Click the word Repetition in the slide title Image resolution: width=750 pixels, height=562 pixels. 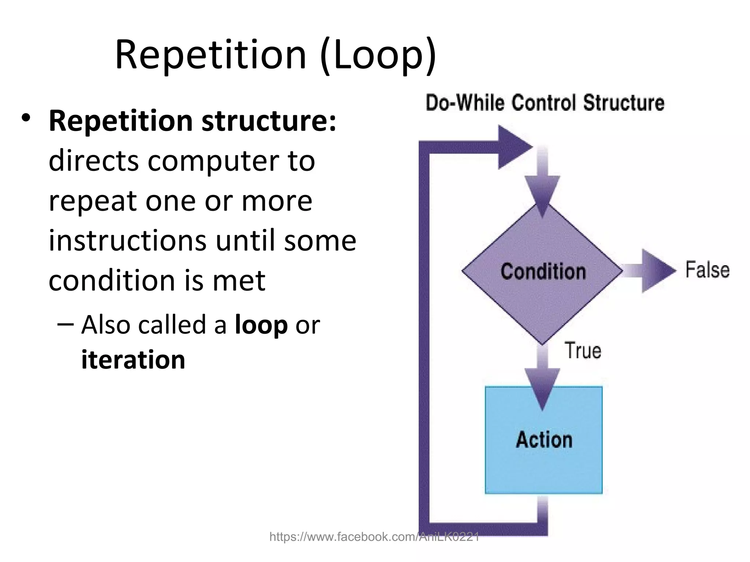click(x=210, y=55)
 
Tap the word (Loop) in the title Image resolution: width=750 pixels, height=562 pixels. click(x=378, y=55)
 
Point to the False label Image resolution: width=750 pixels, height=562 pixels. click(x=707, y=270)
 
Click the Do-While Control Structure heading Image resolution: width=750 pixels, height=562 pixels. click(x=545, y=102)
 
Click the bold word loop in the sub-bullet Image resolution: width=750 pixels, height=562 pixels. click(x=261, y=325)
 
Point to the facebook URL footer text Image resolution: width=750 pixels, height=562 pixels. click(x=374, y=537)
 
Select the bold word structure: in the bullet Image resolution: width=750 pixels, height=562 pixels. click(x=268, y=121)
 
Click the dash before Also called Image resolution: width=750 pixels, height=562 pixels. click(x=66, y=324)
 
